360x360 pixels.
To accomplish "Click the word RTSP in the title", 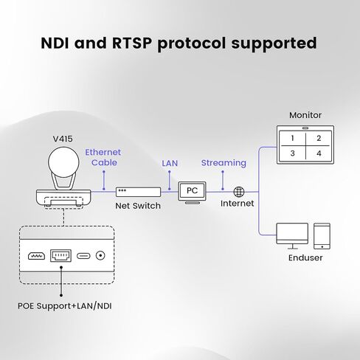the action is pos(132,43).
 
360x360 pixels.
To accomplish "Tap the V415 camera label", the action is pos(63,139).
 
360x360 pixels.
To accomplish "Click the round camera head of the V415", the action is pos(63,162).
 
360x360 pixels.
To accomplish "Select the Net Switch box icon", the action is pos(139,192).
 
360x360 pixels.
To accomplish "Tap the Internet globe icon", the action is pos(239,192).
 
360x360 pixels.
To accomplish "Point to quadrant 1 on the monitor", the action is pos(292,138).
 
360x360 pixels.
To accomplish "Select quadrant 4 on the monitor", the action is pos(319,153).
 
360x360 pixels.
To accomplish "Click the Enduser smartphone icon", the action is pos(322,236).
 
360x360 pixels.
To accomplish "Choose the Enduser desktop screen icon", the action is pos(292,233).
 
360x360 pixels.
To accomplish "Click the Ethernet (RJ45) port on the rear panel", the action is pos(60,256).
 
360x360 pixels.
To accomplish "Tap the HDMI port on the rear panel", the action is pos(36,256).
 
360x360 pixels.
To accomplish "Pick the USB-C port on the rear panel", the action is pos(83,256).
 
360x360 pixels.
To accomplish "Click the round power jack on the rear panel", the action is pos(100,256).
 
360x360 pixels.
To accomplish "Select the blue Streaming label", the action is pos(224,163).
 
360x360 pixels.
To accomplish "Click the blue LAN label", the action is pos(170,163).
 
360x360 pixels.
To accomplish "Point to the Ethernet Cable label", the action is pos(103,157).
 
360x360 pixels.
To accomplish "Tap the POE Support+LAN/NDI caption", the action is pos(65,306).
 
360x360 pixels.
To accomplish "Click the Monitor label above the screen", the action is pos(305,115).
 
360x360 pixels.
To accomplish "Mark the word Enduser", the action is pos(305,257).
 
